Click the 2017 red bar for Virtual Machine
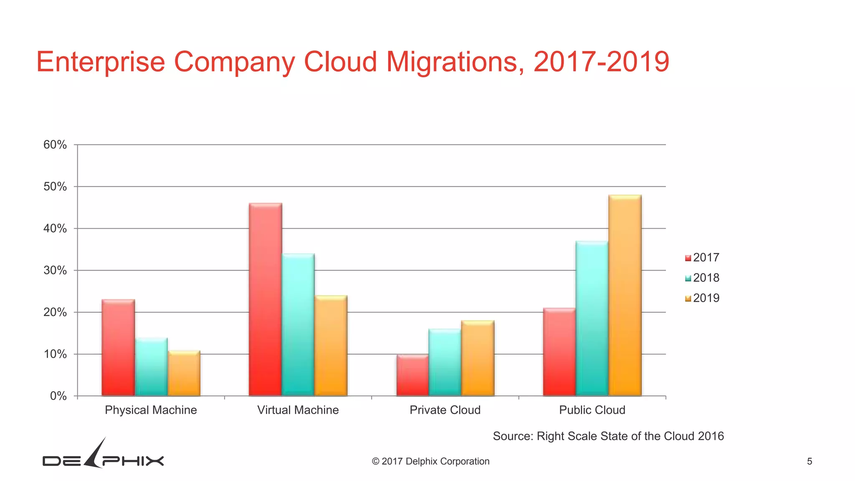tap(265, 299)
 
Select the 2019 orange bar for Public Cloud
tap(625, 295)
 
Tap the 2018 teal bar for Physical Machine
tap(151, 367)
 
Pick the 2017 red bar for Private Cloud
tap(412, 375)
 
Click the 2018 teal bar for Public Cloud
tap(592, 318)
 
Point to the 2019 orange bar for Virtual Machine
tap(331, 346)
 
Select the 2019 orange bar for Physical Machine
tap(184, 373)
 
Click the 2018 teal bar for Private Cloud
tap(445, 362)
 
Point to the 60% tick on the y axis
tap(55, 145)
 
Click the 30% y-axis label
tap(55, 271)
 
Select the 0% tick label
tap(58, 396)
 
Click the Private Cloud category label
tap(445, 410)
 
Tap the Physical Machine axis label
tap(151, 410)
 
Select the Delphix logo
tap(103, 456)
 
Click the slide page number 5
tap(809, 461)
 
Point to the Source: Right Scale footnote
tap(608, 436)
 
